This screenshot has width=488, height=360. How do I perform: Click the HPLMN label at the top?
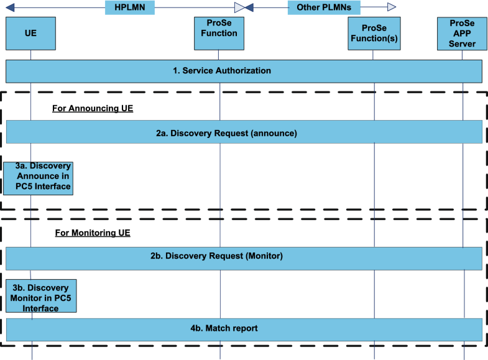(x=129, y=7)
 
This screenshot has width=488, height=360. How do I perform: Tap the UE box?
(x=30, y=34)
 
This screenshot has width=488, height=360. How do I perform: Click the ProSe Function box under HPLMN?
(x=219, y=34)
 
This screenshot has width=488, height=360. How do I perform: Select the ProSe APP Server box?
(x=462, y=34)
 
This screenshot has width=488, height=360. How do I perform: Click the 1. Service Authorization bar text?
(x=222, y=70)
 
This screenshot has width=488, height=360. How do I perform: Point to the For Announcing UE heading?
(x=93, y=108)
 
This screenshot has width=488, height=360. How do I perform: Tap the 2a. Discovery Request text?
(x=226, y=133)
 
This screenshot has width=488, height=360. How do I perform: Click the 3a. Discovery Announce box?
(x=39, y=177)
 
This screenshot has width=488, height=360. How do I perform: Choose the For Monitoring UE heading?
(x=92, y=233)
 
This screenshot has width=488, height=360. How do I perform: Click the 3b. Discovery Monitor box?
(x=41, y=296)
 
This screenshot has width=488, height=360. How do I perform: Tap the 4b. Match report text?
(x=224, y=328)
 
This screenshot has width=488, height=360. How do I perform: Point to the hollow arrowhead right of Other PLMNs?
(x=392, y=7)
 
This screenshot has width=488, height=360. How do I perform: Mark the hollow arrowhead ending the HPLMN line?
(x=239, y=7)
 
